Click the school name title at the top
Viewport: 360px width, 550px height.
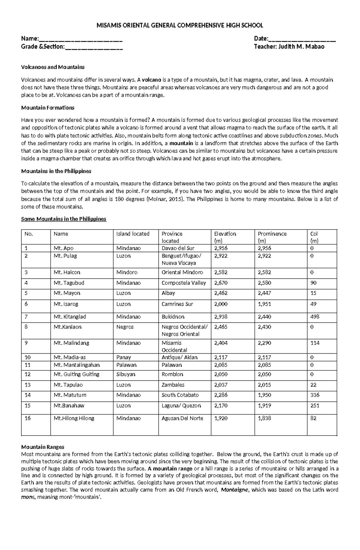click(x=180, y=25)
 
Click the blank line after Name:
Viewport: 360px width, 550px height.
click(x=81, y=39)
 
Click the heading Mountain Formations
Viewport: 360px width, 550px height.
click(x=48, y=108)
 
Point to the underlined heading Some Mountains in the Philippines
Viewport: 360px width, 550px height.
click(x=64, y=219)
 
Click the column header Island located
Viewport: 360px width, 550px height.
click(x=133, y=234)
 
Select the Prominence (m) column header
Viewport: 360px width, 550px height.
click(x=272, y=237)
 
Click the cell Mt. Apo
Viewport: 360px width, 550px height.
click(x=64, y=248)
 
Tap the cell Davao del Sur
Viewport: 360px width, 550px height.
click(x=178, y=248)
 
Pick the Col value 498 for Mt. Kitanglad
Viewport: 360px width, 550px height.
click(x=315, y=317)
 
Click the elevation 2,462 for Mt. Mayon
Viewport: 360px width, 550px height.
click(x=221, y=293)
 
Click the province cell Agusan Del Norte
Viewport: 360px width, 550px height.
click(x=182, y=418)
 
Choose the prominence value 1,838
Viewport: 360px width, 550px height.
click(x=264, y=418)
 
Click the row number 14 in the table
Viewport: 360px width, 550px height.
click(x=28, y=395)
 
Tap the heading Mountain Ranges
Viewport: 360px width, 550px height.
click(x=43, y=447)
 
